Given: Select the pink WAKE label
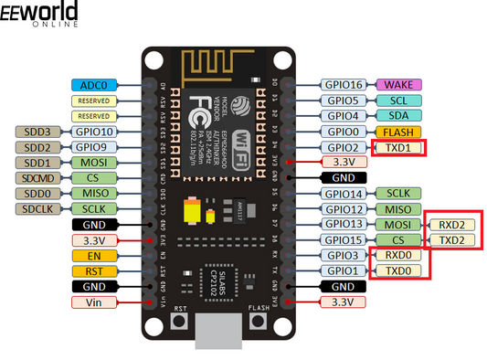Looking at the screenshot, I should pyautogui.click(x=397, y=84).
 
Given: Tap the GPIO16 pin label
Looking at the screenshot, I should pyautogui.click(x=344, y=84).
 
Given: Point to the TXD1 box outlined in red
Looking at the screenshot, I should pyautogui.click(x=398, y=147).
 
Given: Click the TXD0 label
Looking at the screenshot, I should pyautogui.click(x=397, y=271).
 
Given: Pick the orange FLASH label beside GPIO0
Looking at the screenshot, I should pyautogui.click(x=397, y=132).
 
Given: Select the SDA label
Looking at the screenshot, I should pyautogui.click(x=397, y=116).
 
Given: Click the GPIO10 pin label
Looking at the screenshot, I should pyautogui.click(x=94, y=132).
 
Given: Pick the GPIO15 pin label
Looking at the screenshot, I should pyautogui.click(x=344, y=240).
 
